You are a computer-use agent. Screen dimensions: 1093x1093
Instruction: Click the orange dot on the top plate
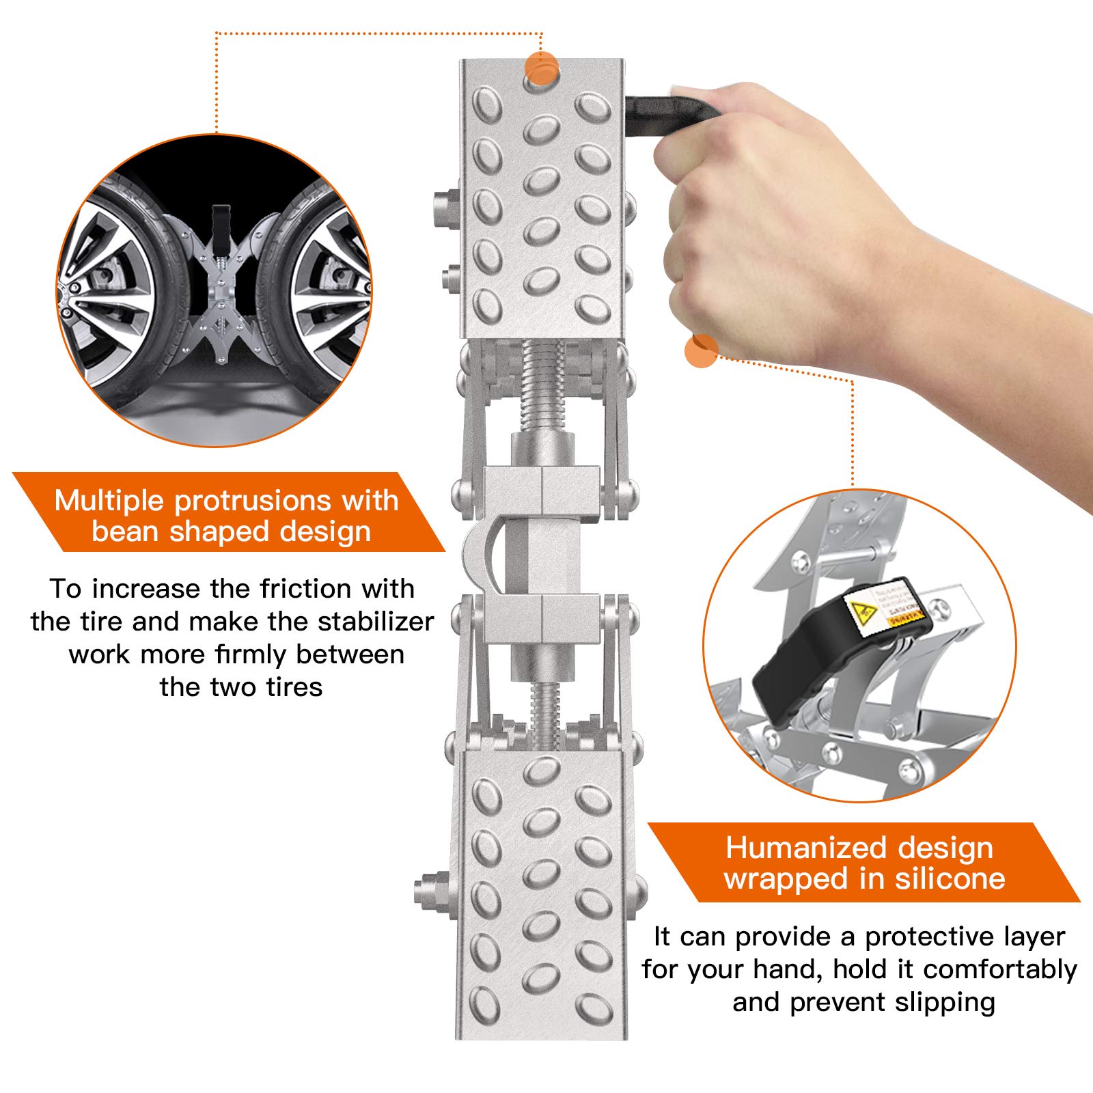click(x=542, y=69)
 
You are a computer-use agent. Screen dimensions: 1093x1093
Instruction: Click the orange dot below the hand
click(x=701, y=350)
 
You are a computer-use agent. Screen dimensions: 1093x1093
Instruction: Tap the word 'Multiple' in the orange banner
click(x=109, y=501)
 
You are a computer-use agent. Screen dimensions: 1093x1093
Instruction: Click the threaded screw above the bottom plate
click(x=544, y=714)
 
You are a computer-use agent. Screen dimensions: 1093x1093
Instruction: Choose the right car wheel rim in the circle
click(x=331, y=294)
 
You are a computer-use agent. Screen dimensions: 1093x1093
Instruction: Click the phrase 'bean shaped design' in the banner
click(x=231, y=531)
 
